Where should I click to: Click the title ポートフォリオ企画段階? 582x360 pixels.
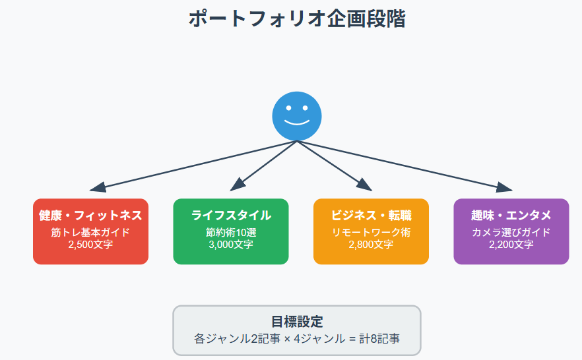[297, 18]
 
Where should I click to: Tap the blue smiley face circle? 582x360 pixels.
[297, 116]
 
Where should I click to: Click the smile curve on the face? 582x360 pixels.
[297, 123]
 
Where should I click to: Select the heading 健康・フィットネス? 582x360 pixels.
[90, 216]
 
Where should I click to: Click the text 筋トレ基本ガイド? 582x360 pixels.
[90, 233]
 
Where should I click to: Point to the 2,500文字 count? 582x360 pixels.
[90, 245]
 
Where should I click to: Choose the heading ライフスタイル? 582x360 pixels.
[231, 216]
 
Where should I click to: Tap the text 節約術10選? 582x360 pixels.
[231, 233]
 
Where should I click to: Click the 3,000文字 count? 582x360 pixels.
[231, 245]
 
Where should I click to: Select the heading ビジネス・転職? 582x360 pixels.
[371, 216]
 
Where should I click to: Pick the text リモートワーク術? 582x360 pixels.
[371, 233]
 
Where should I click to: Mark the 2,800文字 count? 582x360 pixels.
[371, 245]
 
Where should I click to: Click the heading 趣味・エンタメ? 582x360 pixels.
[511, 216]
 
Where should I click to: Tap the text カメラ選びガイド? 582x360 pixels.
[511, 233]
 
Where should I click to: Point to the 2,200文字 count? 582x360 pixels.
[511, 245]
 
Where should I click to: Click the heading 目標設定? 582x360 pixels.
[297, 322]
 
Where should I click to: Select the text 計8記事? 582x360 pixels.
[379, 338]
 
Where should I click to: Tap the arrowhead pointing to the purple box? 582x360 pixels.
[504, 187]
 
